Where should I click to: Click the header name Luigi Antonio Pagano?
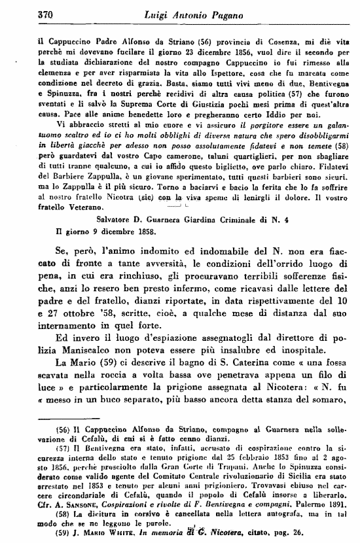coord(182,13)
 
